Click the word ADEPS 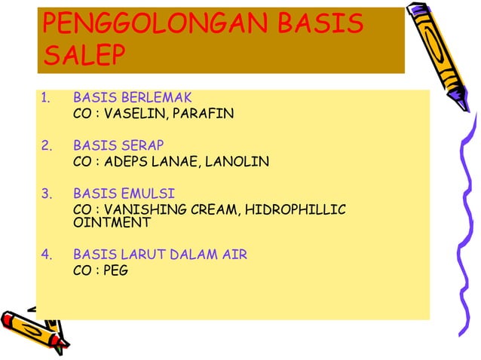coord(127,162)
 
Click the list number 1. coord(44,98)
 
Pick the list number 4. coord(45,255)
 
